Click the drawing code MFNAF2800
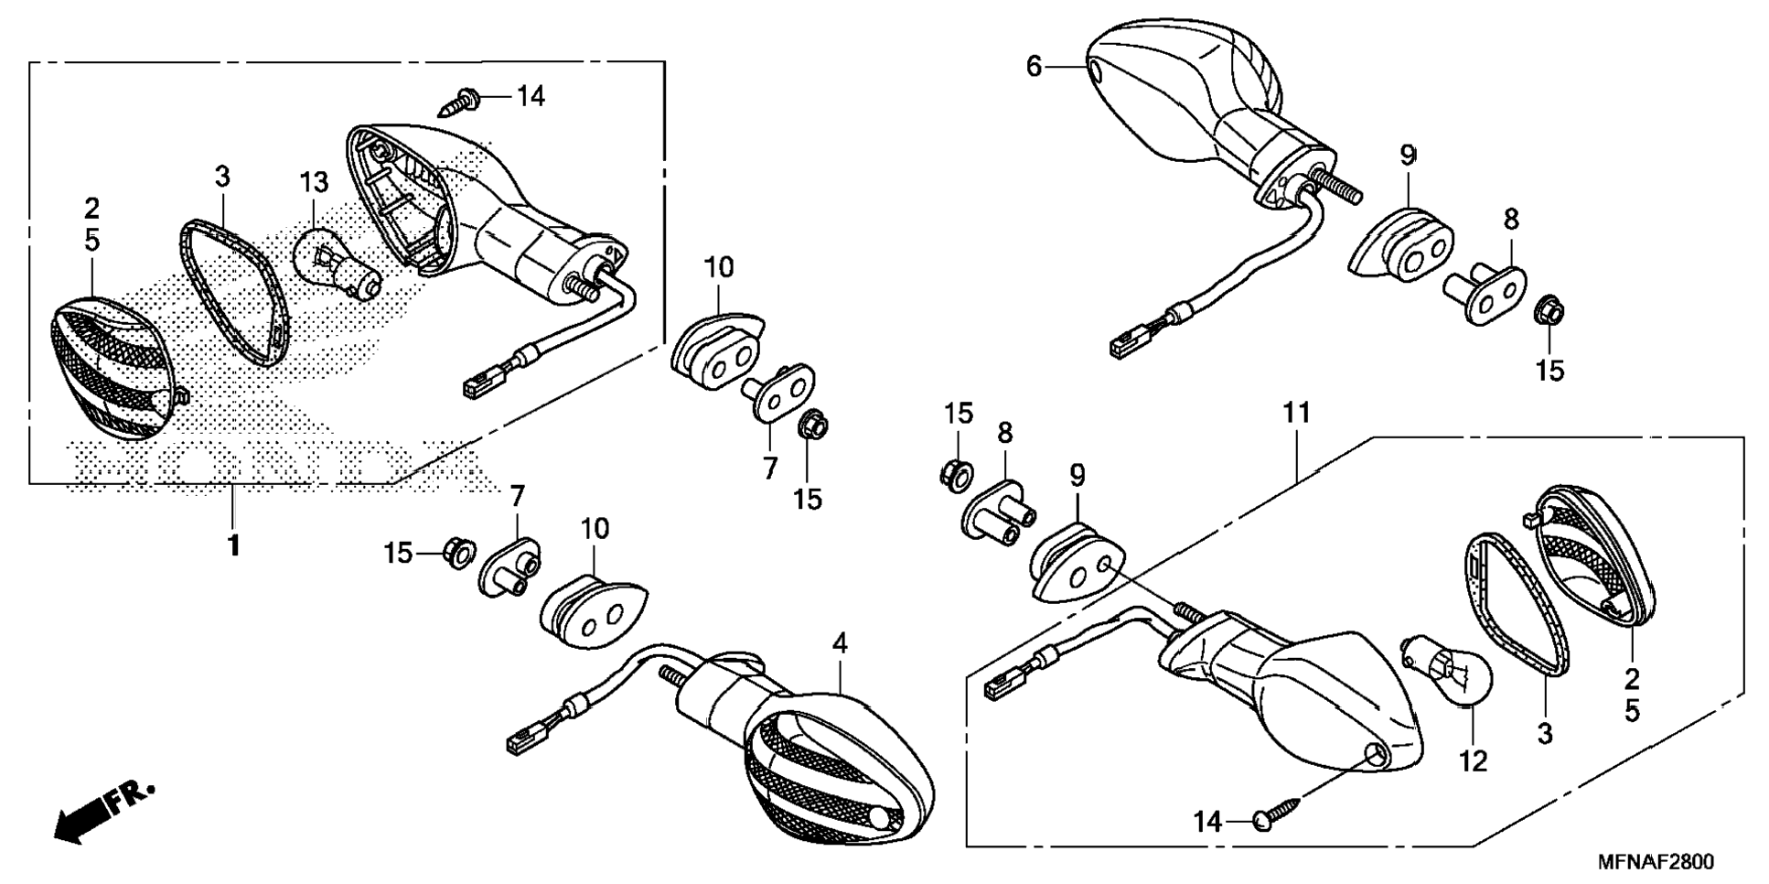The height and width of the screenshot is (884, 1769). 1655,863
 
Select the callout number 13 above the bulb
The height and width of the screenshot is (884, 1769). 314,182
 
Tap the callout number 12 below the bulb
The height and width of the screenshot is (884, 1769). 1474,761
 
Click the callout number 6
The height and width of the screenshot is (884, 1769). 1034,66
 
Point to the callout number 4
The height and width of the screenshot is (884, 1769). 839,643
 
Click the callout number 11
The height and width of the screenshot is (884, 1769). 1296,414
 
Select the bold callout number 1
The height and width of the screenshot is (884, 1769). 234,545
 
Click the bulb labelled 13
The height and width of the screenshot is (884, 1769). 334,261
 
